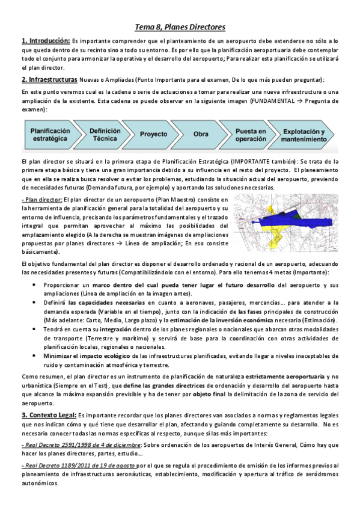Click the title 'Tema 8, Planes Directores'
180,27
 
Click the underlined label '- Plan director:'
41,199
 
